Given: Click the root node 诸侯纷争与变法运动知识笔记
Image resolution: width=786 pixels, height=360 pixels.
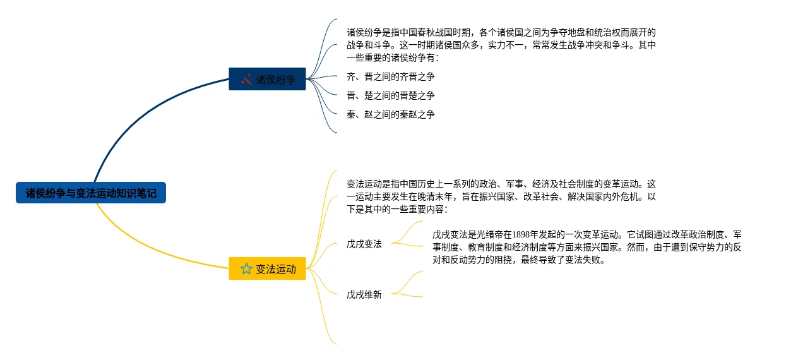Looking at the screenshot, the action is [x=91, y=193].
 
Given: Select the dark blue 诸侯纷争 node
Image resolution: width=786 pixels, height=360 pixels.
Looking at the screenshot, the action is [x=267, y=80].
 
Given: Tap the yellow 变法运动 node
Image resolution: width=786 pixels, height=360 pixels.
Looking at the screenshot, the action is [x=267, y=269].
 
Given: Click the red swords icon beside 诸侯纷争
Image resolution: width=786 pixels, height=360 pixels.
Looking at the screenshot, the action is [x=246, y=80].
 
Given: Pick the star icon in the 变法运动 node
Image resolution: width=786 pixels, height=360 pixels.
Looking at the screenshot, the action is [x=246, y=269].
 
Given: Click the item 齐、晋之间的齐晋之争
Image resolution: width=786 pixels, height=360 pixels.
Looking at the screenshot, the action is [x=390, y=76].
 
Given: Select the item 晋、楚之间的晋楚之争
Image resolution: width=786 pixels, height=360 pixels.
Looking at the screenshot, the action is [x=390, y=95].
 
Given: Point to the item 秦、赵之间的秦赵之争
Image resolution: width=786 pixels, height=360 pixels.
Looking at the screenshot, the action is [x=390, y=114].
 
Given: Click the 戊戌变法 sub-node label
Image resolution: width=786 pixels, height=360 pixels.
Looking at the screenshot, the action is [x=364, y=244].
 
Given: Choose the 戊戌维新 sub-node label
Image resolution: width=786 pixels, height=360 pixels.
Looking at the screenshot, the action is [x=364, y=294].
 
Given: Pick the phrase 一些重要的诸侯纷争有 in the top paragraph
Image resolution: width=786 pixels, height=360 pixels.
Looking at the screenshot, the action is [x=391, y=57].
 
